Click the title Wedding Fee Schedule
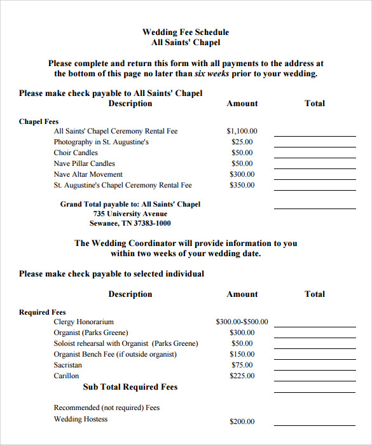186,32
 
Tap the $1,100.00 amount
242,132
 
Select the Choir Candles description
76,153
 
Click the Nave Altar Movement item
88,175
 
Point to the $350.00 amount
242,186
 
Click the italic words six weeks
218,74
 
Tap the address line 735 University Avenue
130,214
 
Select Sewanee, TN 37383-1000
130,224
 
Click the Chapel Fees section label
39,121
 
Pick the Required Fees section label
43,312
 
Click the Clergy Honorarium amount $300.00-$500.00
242,322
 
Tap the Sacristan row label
67,366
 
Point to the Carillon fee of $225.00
242,376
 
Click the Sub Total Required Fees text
130,387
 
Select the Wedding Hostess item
81,420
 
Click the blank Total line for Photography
315,146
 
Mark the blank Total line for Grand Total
315,208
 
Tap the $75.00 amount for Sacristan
242,366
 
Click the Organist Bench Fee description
115,355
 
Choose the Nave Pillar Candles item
84,164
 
